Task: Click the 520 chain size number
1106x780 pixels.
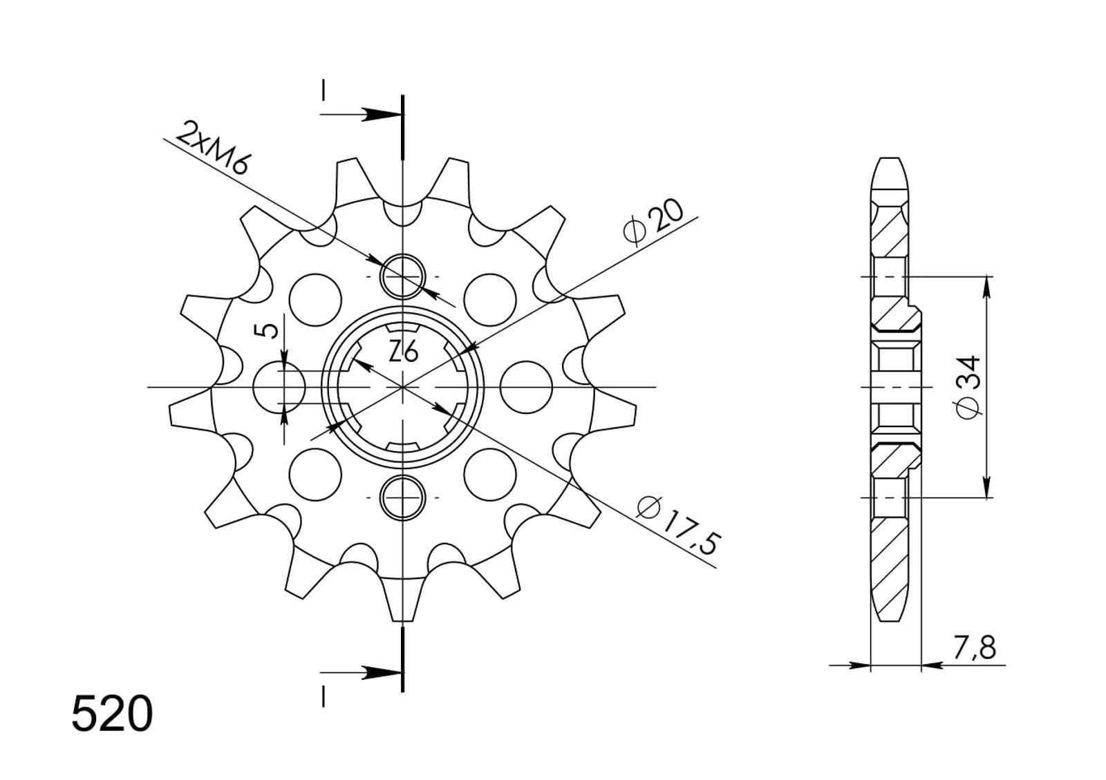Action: pos(112,714)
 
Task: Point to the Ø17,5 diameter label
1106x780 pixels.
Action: pos(678,526)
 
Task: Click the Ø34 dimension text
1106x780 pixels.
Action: pos(968,387)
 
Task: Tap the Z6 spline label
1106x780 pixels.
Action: pos(404,352)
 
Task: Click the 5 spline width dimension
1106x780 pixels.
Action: pos(269,331)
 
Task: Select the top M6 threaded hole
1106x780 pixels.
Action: pos(402,277)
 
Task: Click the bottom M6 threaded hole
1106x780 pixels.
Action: pos(402,497)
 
